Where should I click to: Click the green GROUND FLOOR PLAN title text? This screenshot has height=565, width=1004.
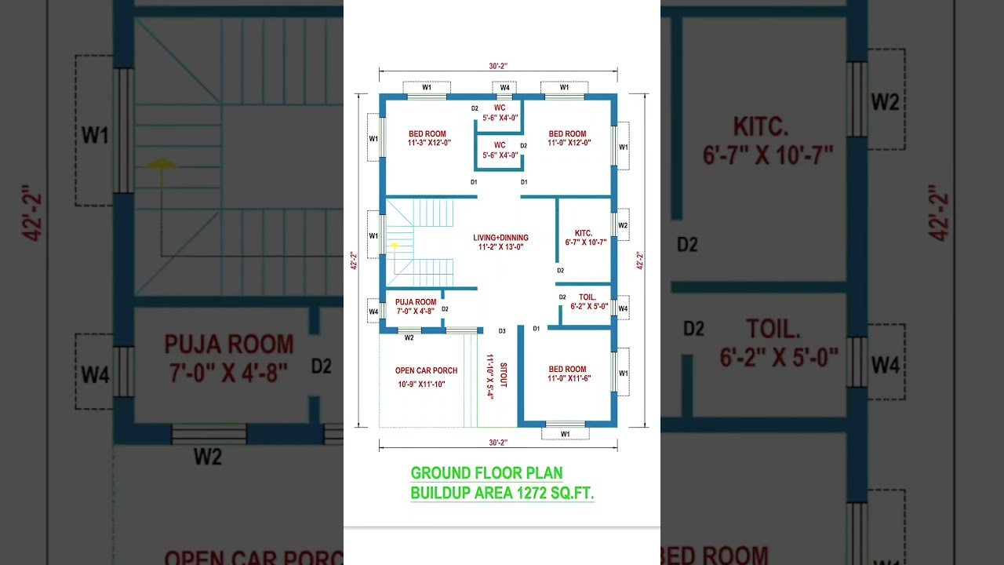tap(486, 473)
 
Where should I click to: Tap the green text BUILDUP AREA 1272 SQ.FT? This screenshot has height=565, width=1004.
tap(502, 493)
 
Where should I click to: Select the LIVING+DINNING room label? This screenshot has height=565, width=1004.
tap(500, 238)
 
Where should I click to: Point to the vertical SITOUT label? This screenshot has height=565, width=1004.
tap(503, 375)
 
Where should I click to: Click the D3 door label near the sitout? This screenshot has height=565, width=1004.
tap(502, 331)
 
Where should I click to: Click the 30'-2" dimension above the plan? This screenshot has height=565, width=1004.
tap(498, 67)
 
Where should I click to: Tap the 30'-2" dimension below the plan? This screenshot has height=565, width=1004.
tap(498, 443)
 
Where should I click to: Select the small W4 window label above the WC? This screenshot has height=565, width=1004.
tap(504, 88)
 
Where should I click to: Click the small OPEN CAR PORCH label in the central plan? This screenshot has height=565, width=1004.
tap(426, 370)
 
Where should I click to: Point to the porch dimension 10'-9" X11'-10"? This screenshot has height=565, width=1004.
tap(421, 385)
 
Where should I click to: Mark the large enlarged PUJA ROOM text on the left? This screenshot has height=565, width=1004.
tap(228, 344)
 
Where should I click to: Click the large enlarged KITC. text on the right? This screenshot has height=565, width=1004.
tap(759, 126)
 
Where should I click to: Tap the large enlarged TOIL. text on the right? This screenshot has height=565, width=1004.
tap(773, 329)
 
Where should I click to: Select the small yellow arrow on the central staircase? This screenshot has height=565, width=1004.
tap(395, 246)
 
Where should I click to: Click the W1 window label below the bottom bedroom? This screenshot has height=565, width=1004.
tap(565, 434)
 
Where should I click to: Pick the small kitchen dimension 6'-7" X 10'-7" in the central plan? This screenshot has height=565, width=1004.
tap(585, 242)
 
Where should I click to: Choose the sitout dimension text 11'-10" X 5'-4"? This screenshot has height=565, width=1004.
tap(489, 377)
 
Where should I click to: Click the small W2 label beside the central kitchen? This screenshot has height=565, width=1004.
tap(623, 225)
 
